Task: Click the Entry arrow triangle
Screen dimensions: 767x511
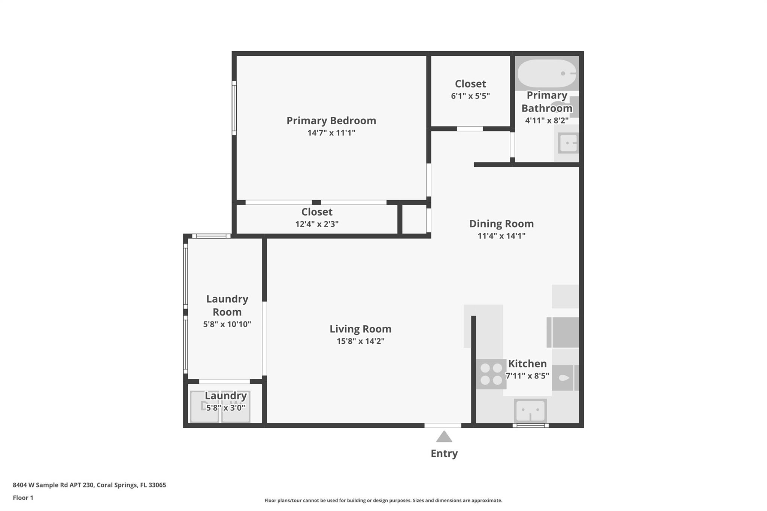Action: click(x=444, y=437)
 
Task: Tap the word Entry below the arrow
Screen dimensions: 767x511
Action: click(x=444, y=454)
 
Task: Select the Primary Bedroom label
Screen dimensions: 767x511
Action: click(x=331, y=121)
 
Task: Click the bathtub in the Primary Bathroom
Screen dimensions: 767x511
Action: click(x=547, y=73)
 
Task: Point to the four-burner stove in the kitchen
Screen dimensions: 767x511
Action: click(x=491, y=374)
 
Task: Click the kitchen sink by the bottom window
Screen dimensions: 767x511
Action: click(x=530, y=411)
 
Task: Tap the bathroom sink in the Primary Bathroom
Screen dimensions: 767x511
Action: click(x=568, y=143)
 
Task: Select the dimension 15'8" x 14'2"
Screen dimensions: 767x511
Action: click(x=361, y=341)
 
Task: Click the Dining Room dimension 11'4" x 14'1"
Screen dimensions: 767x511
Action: click(x=501, y=236)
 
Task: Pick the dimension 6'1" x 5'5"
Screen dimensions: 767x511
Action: click(x=470, y=96)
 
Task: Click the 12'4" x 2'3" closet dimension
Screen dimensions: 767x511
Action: click(x=317, y=224)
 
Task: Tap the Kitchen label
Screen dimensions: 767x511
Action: click(x=527, y=364)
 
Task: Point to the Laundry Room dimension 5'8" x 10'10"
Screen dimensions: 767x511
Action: click(x=227, y=324)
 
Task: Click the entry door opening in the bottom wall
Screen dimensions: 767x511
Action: click(x=443, y=425)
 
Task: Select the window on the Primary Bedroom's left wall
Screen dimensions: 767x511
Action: click(x=234, y=108)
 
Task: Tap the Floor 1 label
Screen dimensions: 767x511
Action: click(x=23, y=498)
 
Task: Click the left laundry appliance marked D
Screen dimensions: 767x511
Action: click(x=204, y=407)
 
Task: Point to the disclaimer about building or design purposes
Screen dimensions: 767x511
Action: click(x=383, y=500)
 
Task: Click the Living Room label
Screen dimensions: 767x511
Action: click(x=361, y=329)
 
